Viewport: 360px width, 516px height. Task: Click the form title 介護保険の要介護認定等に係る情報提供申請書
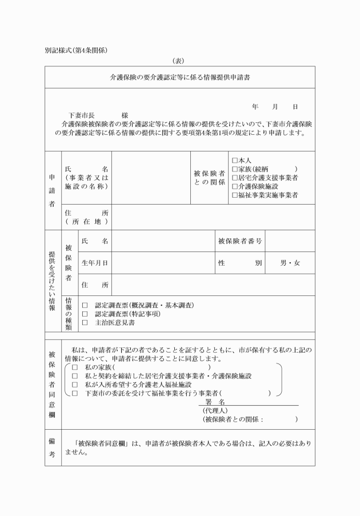(x=179, y=77)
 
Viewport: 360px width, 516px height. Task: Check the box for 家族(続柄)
(x=234, y=169)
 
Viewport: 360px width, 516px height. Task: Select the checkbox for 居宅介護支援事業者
(x=234, y=178)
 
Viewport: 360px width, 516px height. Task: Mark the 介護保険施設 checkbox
(x=234, y=186)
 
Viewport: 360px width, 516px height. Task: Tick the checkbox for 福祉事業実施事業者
(x=234, y=195)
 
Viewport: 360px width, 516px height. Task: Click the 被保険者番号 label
(x=240, y=241)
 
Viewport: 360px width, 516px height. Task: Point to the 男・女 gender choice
(x=290, y=263)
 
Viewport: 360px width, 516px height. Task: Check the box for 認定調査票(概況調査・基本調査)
(x=85, y=305)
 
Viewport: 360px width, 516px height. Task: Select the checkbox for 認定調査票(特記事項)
(x=85, y=314)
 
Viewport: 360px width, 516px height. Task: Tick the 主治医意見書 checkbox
(x=85, y=322)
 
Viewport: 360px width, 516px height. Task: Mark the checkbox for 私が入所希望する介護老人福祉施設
(x=74, y=385)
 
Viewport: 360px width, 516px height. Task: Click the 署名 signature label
(x=216, y=402)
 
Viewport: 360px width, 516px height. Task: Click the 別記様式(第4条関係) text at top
(x=77, y=50)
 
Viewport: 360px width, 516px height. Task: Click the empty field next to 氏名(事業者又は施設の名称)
(x=151, y=178)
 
